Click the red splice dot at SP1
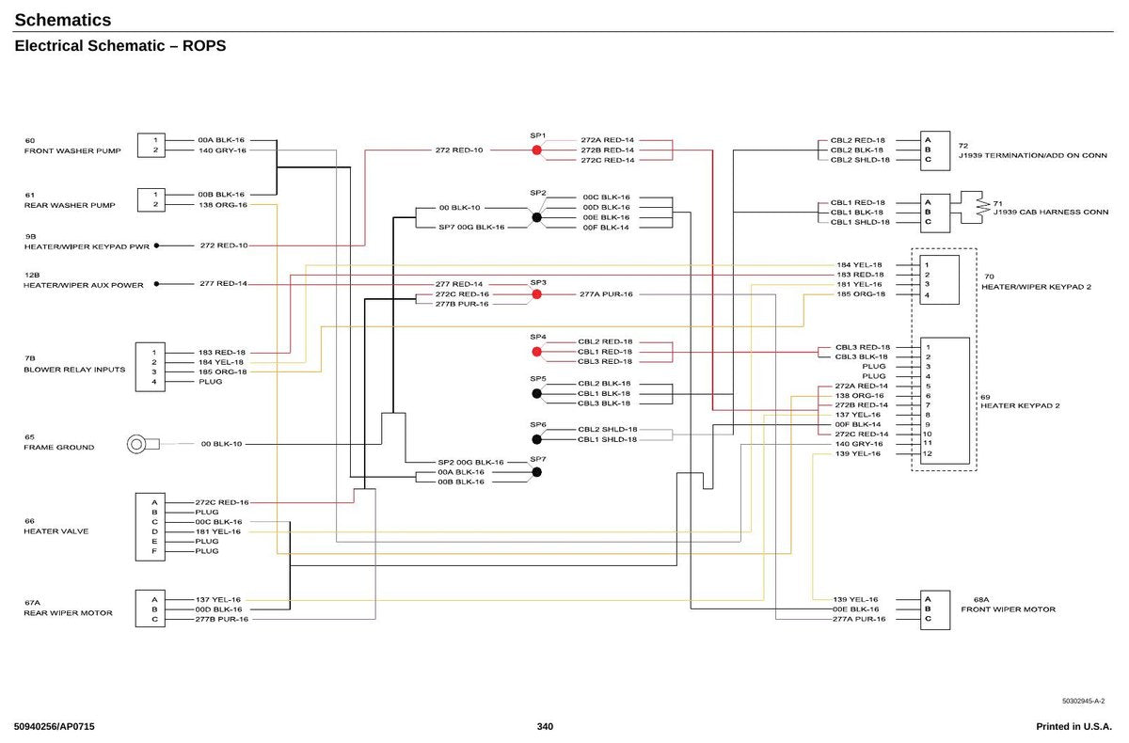[537, 150]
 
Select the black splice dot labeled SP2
[537, 217]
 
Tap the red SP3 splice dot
[537, 294]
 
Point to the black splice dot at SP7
[537, 472]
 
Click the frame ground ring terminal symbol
[136, 444]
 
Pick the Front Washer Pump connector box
[151, 145]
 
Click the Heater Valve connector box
[151, 527]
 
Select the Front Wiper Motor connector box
[935, 610]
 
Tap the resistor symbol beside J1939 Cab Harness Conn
[983, 207]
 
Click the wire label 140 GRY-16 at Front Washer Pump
[222, 150]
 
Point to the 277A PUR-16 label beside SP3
[606, 294]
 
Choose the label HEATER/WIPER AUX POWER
[83, 285]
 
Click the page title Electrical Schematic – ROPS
[120, 46]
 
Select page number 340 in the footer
[545, 726]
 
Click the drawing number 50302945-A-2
[1083, 701]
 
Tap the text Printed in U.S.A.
[1073, 726]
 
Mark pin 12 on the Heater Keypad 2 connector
[928, 453]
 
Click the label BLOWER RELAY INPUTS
[74, 370]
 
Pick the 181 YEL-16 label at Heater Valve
[217, 531]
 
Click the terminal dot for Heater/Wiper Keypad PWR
[156, 245]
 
